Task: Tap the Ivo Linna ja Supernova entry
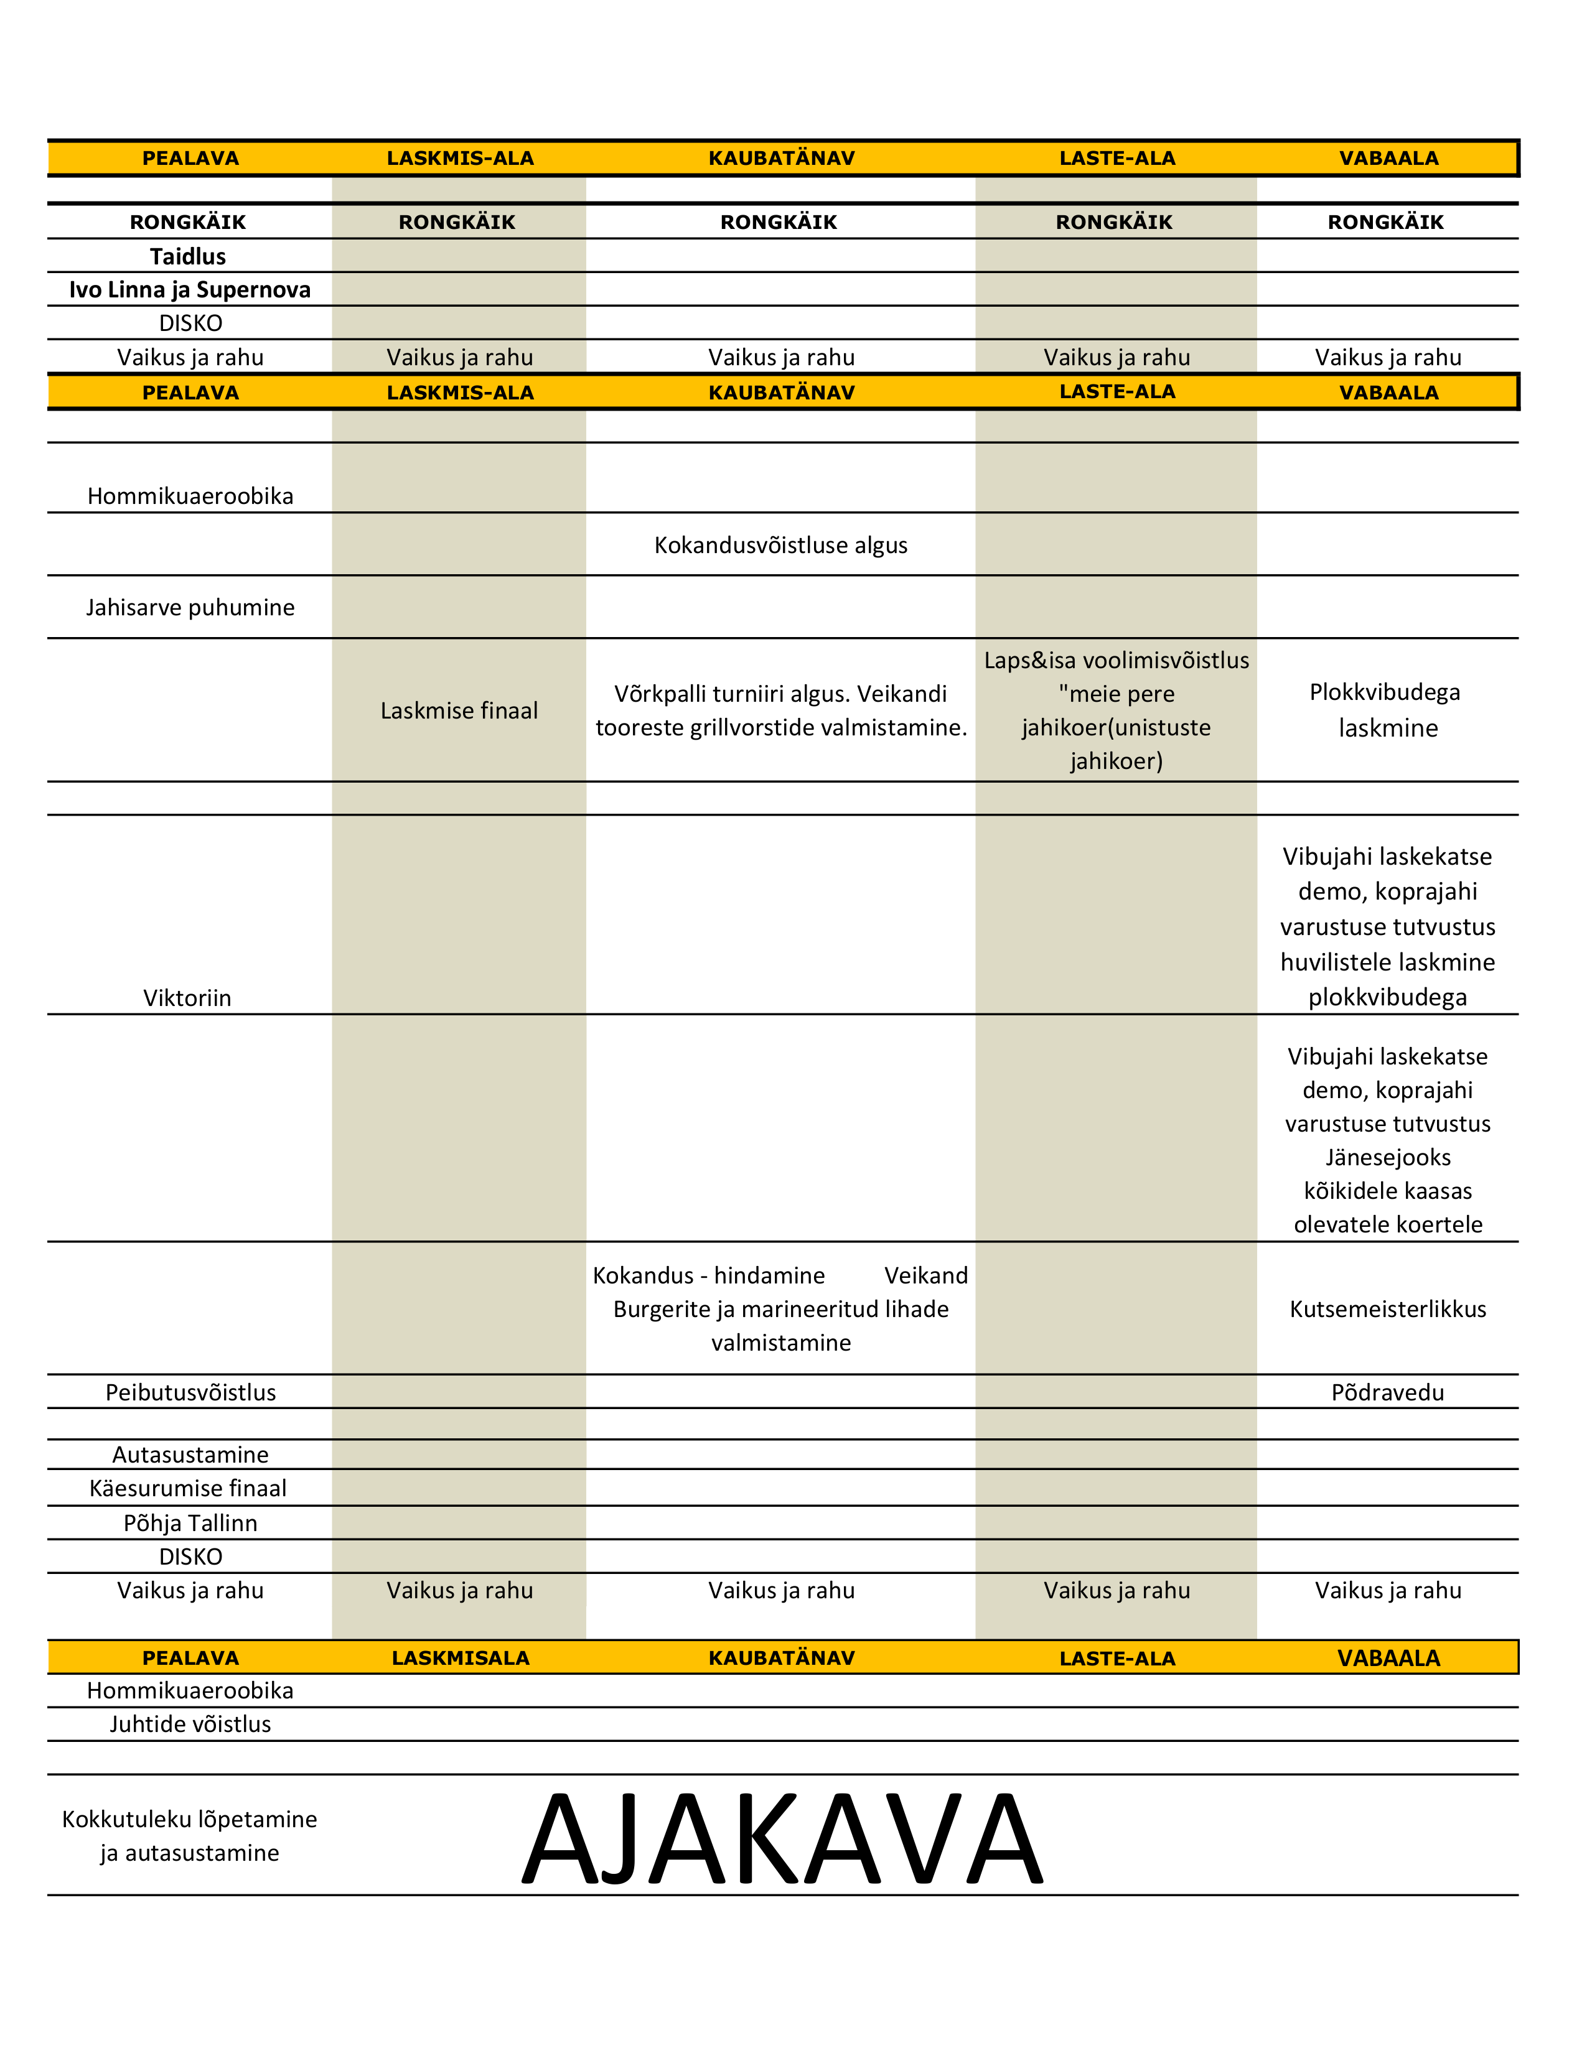(x=190, y=289)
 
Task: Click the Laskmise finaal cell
(x=459, y=710)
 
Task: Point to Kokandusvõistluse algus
(x=780, y=545)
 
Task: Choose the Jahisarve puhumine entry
(x=190, y=607)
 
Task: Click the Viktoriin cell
(x=187, y=997)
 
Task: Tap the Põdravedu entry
(x=1388, y=1392)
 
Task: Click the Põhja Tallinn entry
(x=190, y=1523)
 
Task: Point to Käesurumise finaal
(x=188, y=1488)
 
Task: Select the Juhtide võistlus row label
(x=190, y=1724)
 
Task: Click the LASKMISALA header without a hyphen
(x=461, y=1658)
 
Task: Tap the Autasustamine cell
(x=190, y=1455)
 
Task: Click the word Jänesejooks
(x=1388, y=1157)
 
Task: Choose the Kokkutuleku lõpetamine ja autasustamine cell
(x=190, y=1836)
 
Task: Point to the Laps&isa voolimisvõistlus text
(x=1116, y=661)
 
